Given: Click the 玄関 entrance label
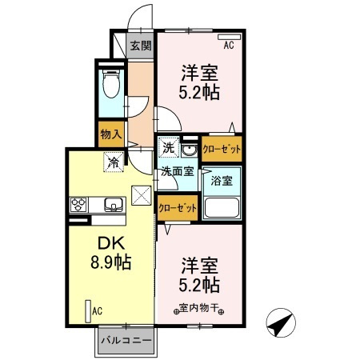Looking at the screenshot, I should coord(141,46).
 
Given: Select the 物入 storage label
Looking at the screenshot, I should coord(110,135).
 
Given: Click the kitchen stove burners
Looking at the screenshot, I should coord(80,205).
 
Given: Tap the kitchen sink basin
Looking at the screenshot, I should coord(114,205).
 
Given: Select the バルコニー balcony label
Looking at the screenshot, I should coord(126,342).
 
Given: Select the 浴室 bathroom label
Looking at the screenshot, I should coord(221,180).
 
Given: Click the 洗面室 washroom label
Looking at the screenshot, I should coord(176,170).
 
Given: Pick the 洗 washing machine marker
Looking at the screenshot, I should coord(168,148).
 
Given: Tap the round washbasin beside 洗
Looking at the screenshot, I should coord(190,150).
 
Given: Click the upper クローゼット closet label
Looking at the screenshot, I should coord(222,148).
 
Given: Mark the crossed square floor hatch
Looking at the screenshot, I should coord(142,194).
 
